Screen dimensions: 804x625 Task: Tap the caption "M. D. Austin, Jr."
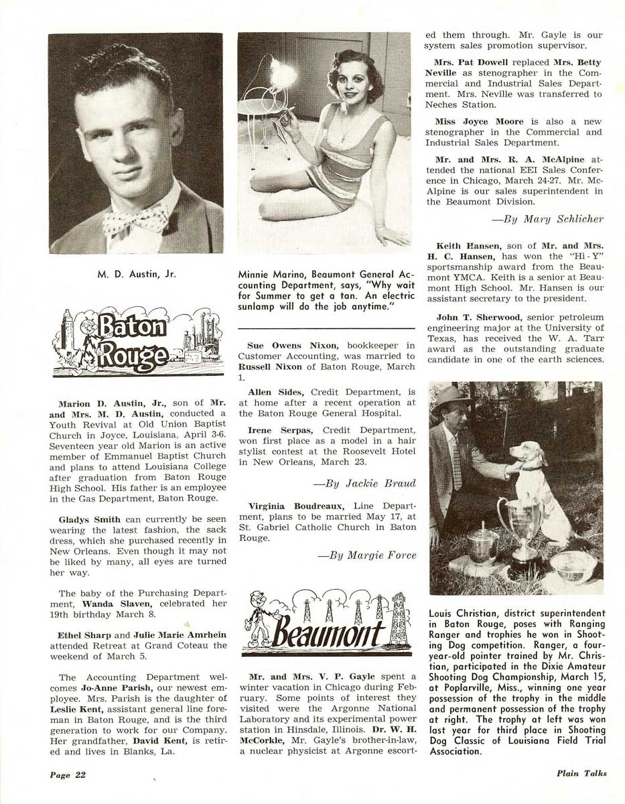(x=136, y=273)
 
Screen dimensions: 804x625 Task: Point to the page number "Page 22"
(x=68, y=775)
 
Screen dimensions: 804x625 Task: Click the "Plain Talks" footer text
(x=581, y=773)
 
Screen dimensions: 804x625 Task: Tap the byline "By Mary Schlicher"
(x=547, y=218)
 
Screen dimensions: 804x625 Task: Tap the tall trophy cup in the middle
(x=518, y=523)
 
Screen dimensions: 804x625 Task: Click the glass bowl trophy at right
(x=573, y=567)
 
